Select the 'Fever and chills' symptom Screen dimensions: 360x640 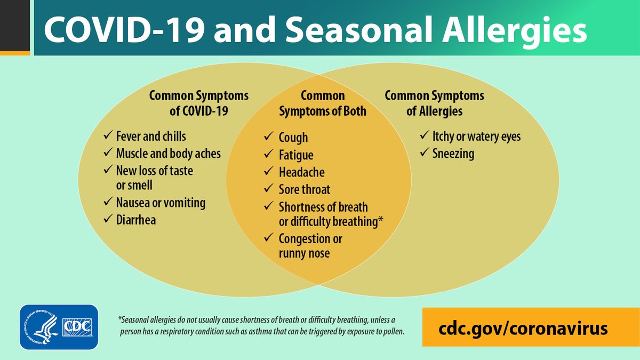tap(151, 136)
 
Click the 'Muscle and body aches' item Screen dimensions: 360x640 tap(169, 154)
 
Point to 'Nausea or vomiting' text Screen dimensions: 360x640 tap(161, 203)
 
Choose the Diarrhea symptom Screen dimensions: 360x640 tap(136, 220)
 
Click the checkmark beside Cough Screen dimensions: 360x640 tap(269, 137)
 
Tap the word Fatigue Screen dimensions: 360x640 tap(296, 155)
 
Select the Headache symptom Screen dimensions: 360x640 tap(301, 172)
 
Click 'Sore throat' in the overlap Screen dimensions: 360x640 tap(305, 189)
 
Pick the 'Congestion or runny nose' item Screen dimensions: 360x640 tap(309, 246)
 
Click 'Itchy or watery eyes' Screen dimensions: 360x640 tap(477, 137)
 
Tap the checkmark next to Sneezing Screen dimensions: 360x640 tap(425, 154)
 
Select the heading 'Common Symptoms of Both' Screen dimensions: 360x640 tap(323, 103)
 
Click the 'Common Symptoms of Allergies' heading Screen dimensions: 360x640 tap(434, 103)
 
